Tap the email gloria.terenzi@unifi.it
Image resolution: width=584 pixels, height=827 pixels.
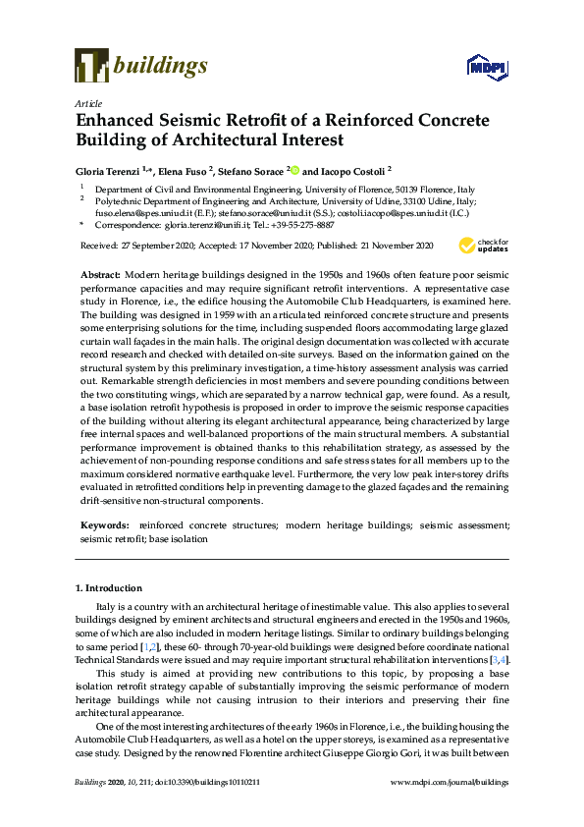210,225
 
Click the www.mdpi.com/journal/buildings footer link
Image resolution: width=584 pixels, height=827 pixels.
450,810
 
